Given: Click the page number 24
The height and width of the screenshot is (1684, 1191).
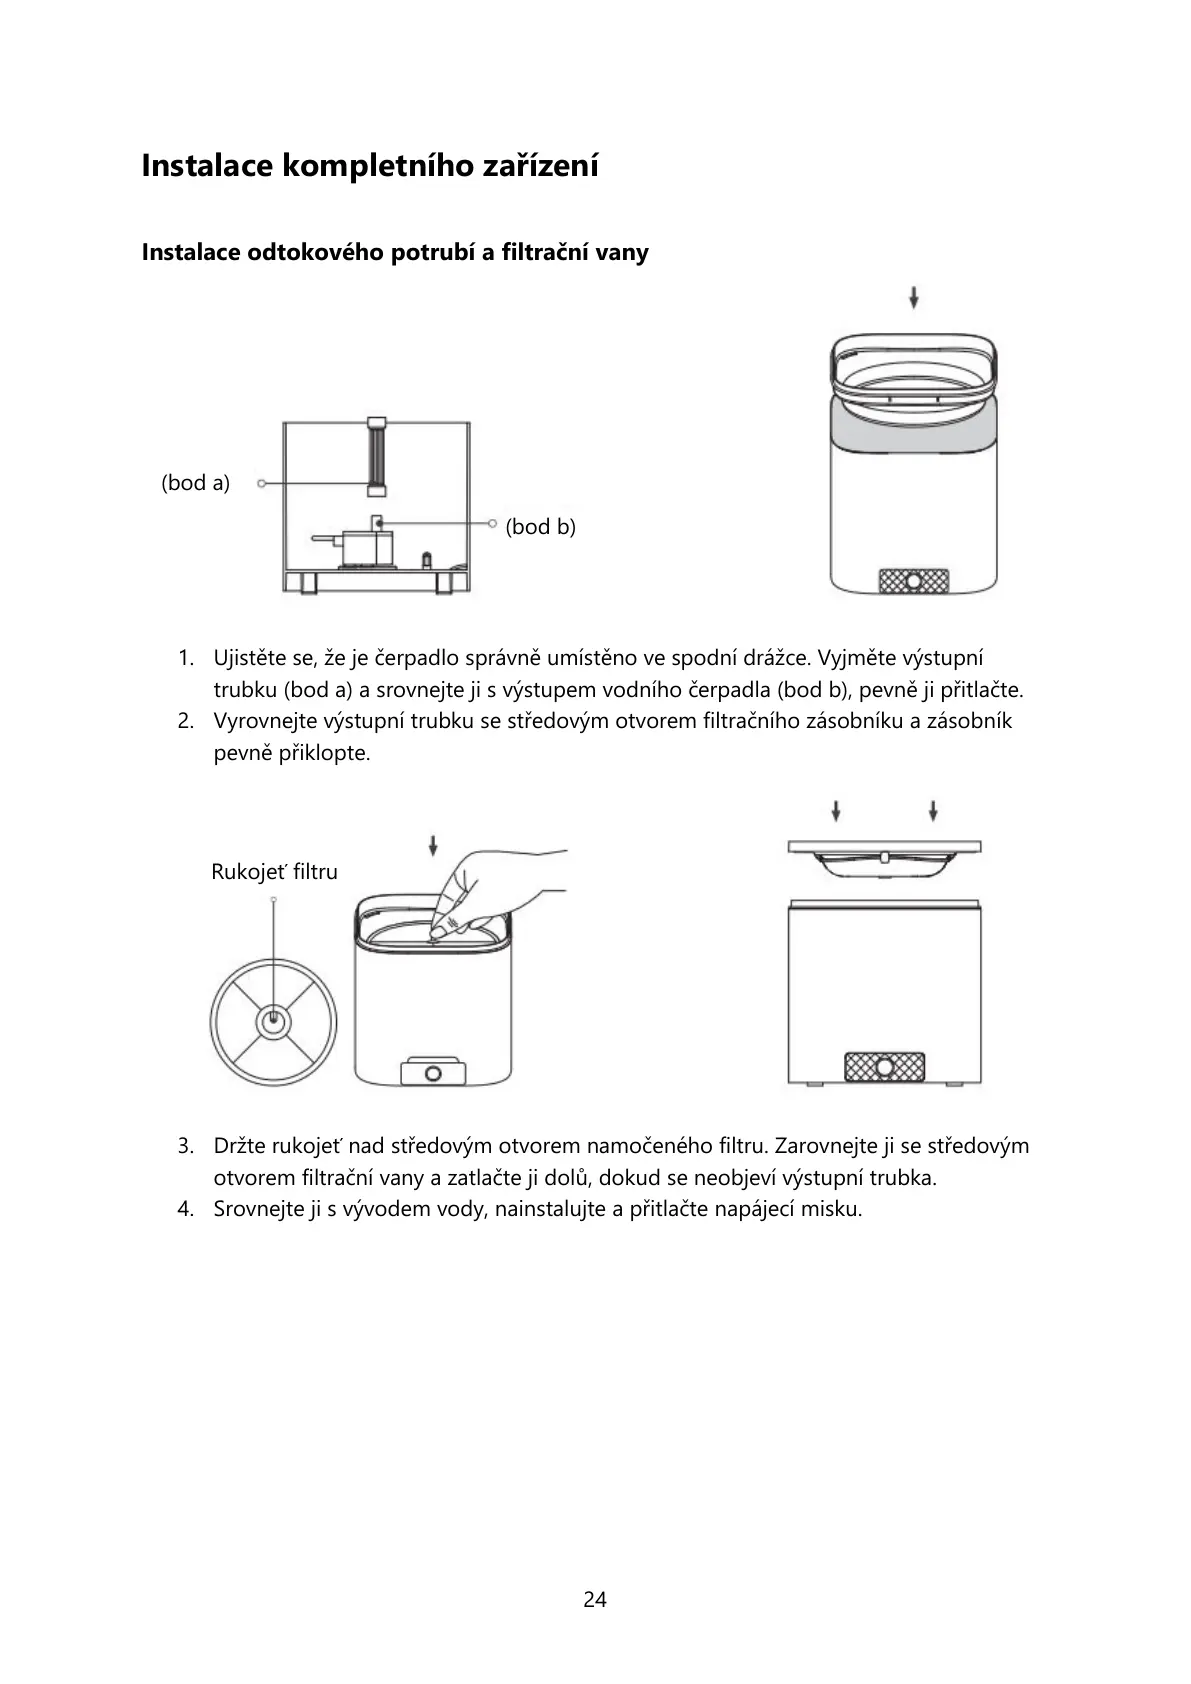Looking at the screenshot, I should (x=595, y=1599).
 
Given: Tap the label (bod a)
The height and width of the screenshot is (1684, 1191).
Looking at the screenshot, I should (x=196, y=483).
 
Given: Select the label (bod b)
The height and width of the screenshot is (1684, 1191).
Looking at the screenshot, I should (x=541, y=526).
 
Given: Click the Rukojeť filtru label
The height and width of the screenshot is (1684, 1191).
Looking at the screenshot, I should (x=275, y=872).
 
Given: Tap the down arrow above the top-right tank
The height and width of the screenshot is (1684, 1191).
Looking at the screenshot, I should (x=914, y=297).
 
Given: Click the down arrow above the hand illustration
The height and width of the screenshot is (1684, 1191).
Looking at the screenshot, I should (x=433, y=846).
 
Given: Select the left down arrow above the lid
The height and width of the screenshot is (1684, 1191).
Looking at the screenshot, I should (x=836, y=810).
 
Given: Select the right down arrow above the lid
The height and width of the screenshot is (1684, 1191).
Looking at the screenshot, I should (x=933, y=810).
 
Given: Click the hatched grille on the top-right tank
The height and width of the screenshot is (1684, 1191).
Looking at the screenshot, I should (x=913, y=581).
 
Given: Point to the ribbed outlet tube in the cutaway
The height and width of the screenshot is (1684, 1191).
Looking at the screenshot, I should (x=376, y=456).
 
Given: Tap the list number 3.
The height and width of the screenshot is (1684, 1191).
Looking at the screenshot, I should (x=185, y=1146).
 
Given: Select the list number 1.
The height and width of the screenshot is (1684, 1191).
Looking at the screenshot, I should (x=185, y=658).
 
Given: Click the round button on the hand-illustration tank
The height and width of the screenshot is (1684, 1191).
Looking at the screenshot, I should (x=434, y=1074).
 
